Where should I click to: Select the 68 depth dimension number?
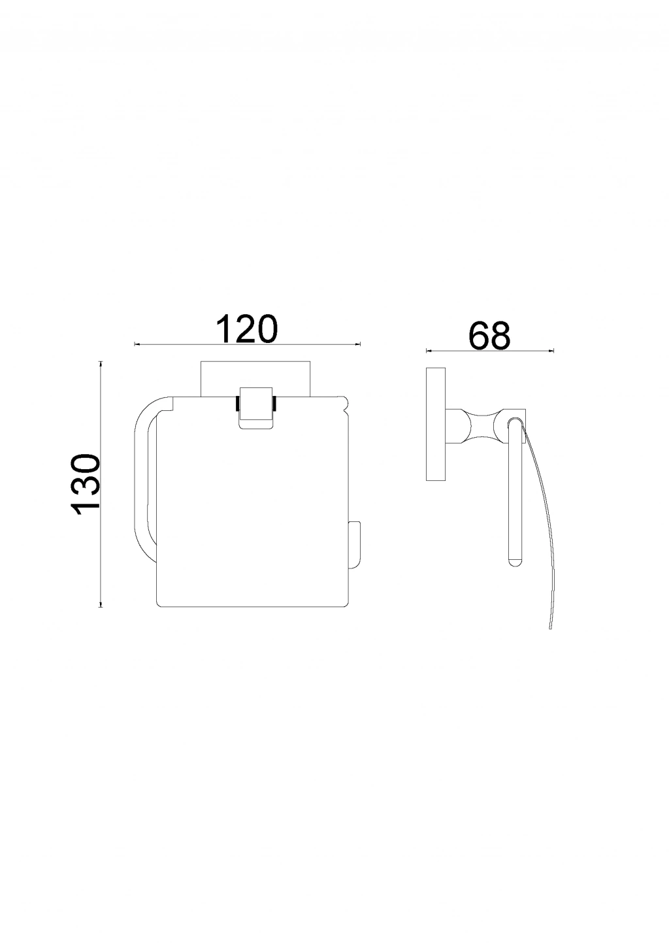point(489,336)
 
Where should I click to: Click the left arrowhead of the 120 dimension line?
point(137,344)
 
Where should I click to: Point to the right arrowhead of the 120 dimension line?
point(358,344)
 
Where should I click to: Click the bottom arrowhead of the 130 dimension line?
point(101,605)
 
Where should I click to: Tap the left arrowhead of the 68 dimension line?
point(429,350)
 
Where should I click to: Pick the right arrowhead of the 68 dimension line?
point(551,350)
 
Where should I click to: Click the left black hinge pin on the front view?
point(237,403)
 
